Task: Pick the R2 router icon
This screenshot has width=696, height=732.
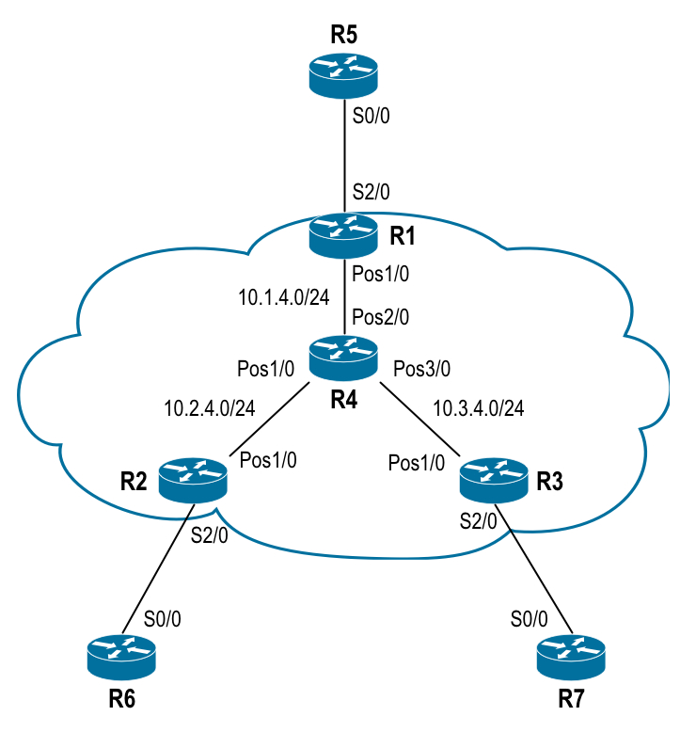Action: pyautogui.click(x=193, y=479)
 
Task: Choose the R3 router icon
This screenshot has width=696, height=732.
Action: pyautogui.click(x=494, y=479)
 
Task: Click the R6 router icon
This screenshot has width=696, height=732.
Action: pyautogui.click(x=122, y=656)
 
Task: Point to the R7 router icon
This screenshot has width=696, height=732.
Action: pyautogui.click(x=571, y=656)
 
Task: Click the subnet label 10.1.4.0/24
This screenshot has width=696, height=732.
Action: pyautogui.click(x=285, y=297)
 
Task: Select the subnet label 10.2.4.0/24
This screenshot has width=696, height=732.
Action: pyautogui.click(x=210, y=408)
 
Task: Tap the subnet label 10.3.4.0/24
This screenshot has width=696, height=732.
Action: pyautogui.click(x=478, y=408)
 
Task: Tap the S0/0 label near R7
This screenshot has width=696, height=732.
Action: pyautogui.click(x=530, y=620)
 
